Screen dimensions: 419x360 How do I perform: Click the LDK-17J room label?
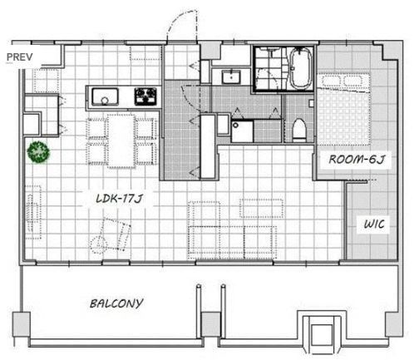[x=120, y=199]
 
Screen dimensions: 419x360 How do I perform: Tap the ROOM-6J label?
[x=357, y=160]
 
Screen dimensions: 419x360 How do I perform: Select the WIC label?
[x=374, y=224]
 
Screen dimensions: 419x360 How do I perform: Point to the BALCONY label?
[x=116, y=303]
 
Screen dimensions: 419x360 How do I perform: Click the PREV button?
[x=20, y=57]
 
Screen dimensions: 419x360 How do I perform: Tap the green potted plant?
[x=38, y=152]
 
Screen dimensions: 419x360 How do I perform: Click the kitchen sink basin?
[x=105, y=96]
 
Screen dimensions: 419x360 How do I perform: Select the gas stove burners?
[x=145, y=96]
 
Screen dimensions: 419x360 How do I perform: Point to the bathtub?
[x=301, y=68]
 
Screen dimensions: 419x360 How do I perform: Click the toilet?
[x=299, y=130]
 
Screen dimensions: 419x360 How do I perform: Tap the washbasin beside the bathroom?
[x=231, y=76]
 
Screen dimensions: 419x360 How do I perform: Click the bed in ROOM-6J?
[x=343, y=109]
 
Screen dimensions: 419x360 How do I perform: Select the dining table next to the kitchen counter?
[x=121, y=141]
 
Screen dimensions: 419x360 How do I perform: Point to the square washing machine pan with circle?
[x=242, y=131]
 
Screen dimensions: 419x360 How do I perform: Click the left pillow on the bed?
[x=330, y=81]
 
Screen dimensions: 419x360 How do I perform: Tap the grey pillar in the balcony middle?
[x=210, y=324]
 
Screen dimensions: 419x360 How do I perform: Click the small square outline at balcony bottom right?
[x=322, y=335]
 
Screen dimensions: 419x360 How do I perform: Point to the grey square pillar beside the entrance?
[x=211, y=51]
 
